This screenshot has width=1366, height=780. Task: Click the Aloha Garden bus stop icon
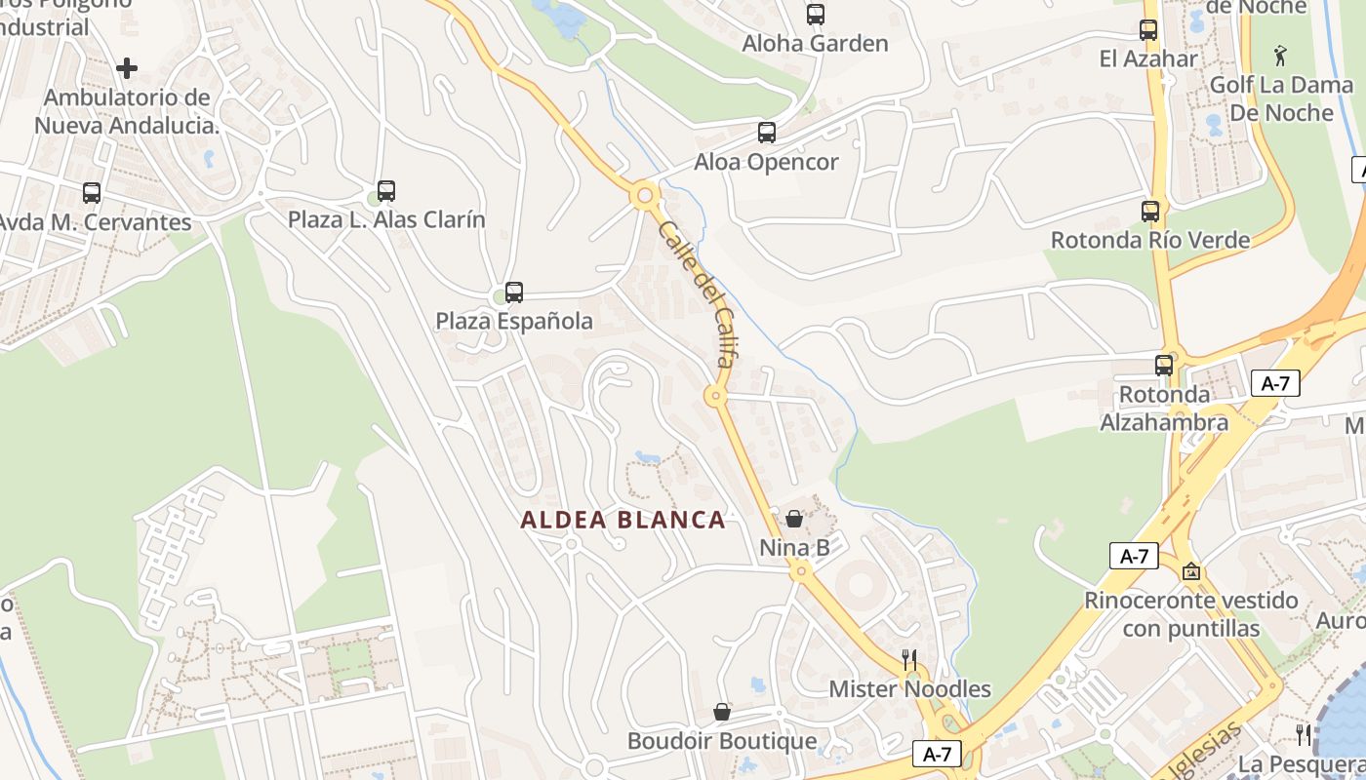[x=815, y=15]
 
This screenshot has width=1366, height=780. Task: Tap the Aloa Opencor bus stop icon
[x=767, y=133]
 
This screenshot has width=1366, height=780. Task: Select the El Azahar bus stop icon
[x=1148, y=30]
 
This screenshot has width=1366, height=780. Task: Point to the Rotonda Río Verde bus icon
[x=1150, y=212]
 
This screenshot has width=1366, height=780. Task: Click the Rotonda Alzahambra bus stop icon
[x=1164, y=366]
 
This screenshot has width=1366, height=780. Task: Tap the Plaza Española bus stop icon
[x=514, y=292]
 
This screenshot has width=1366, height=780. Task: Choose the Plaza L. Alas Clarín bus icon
[x=386, y=191]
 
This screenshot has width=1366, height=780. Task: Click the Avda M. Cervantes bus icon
[x=92, y=193]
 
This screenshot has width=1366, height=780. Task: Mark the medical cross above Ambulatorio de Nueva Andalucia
[x=127, y=68]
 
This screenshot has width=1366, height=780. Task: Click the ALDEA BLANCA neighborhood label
[x=623, y=520]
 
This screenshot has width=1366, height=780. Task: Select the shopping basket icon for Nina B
[x=794, y=519]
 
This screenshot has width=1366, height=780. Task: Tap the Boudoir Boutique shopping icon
[x=722, y=712]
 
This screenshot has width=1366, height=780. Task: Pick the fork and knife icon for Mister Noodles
[x=909, y=660]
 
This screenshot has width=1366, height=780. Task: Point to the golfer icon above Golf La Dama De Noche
[x=1281, y=56]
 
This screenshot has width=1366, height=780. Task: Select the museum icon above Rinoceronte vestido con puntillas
[x=1190, y=571]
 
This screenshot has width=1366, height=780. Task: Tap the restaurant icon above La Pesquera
[x=1304, y=734]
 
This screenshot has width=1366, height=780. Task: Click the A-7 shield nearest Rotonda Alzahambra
[x=1275, y=384]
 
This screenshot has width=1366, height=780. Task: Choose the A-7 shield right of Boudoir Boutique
[x=937, y=754]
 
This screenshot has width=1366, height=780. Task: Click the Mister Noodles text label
[x=909, y=689]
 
